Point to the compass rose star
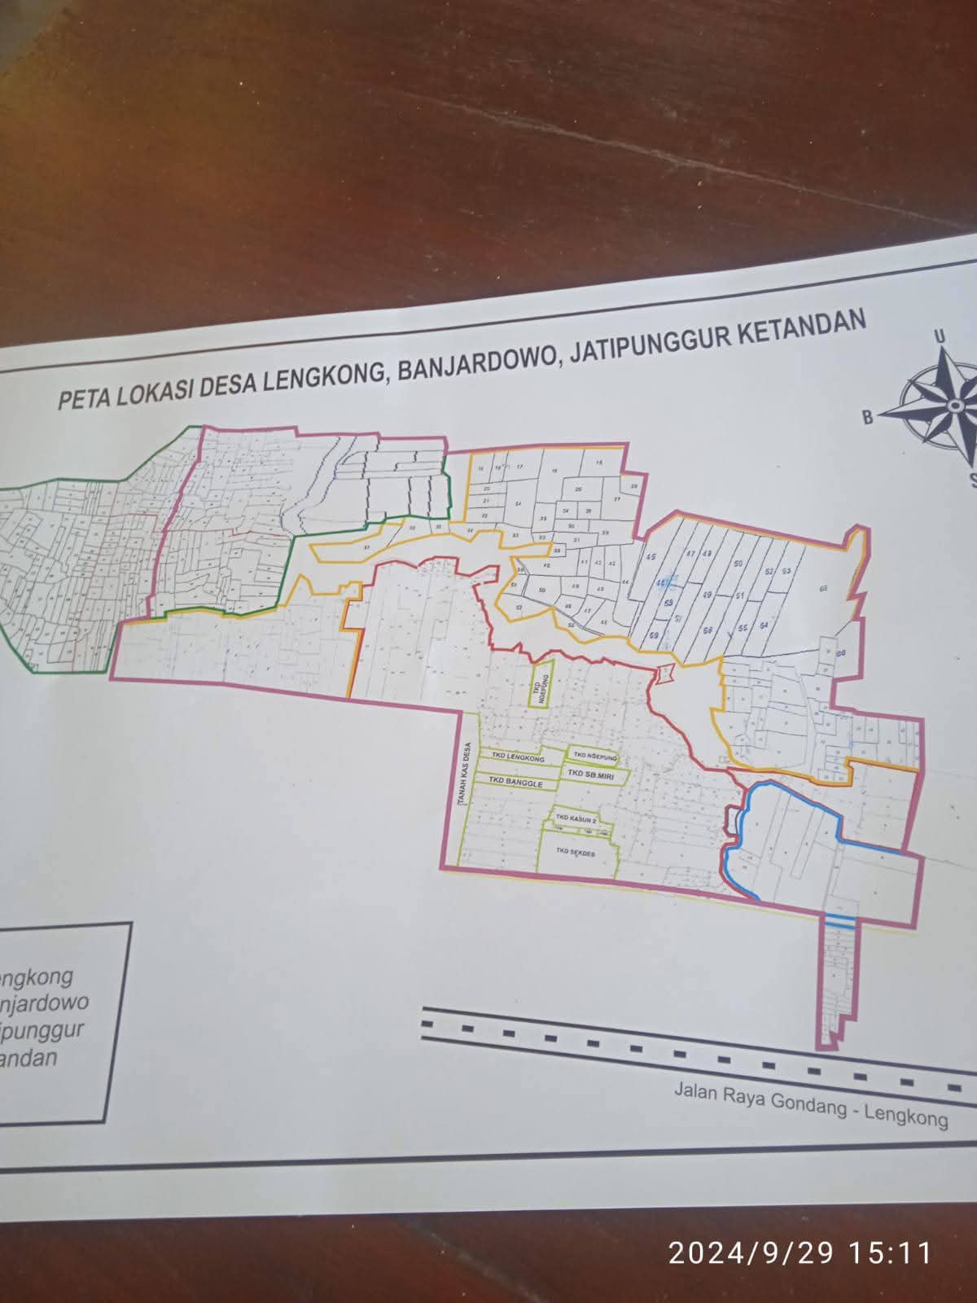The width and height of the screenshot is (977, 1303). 944,402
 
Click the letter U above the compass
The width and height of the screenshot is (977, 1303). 939,336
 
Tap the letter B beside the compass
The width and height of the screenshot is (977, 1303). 867,418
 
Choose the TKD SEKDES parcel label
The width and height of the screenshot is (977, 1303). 576,851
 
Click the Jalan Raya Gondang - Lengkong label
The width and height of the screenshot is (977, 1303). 811,1104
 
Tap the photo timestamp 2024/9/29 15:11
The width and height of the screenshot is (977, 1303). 800,1251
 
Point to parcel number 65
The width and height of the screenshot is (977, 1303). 823,587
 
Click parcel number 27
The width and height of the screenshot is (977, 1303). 616,498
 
